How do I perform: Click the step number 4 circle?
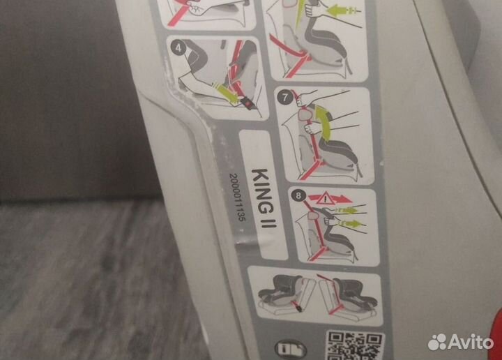pos(178,48)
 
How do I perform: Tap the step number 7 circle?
pos(285,97)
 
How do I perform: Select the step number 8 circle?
pos(298,195)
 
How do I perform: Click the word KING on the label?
pos(262,191)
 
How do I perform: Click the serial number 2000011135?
pos(238,197)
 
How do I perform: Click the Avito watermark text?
pos(471,343)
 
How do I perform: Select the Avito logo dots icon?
pos(437,342)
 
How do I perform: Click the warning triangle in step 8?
pos(325,200)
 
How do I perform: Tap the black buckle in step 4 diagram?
pos(248,104)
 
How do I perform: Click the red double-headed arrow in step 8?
pos(330,200)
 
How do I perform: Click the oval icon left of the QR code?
pos(291,349)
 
